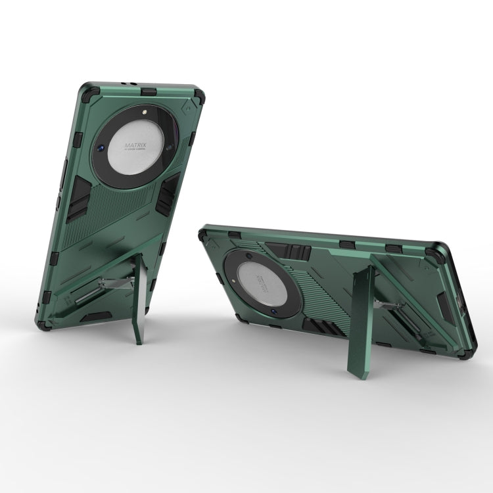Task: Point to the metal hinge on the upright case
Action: (x=118, y=283)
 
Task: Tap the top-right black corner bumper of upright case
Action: (x=198, y=95)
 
